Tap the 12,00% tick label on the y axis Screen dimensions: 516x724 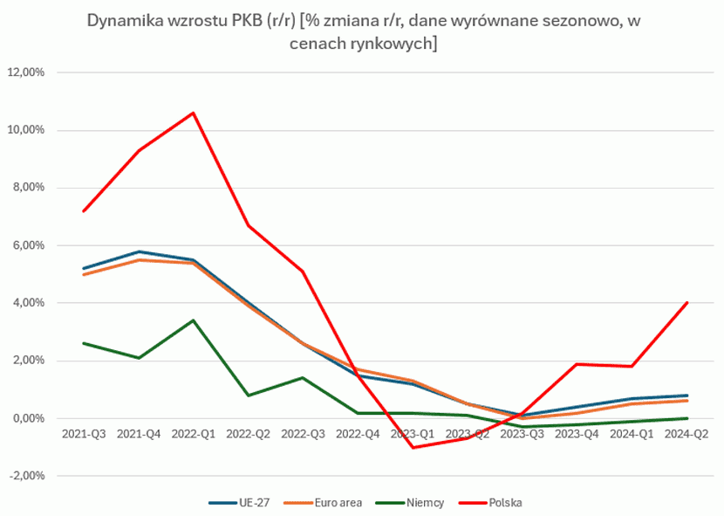click(x=25, y=72)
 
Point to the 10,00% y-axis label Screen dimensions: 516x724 click(x=25, y=130)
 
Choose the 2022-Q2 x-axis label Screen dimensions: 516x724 click(x=248, y=433)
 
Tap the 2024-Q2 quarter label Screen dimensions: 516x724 click(x=686, y=433)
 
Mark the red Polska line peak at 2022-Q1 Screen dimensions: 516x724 click(x=193, y=113)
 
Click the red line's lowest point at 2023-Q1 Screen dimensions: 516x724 click(x=413, y=447)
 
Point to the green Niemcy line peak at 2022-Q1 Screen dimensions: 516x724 click(x=193, y=320)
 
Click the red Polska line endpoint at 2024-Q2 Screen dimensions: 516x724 click(x=687, y=303)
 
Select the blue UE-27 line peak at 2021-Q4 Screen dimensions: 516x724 click(x=138, y=251)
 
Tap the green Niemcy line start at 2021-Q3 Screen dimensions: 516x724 click(x=83, y=343)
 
